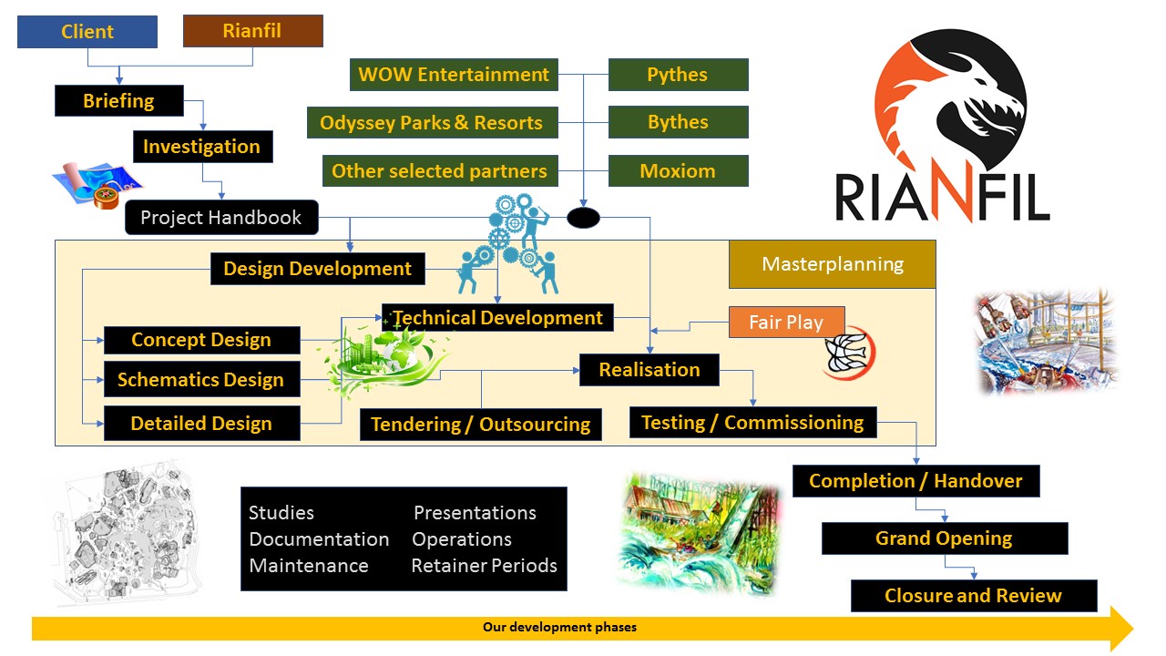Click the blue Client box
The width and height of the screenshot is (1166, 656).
[x=87, y=32]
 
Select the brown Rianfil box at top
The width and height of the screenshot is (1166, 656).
[x=252, y=31]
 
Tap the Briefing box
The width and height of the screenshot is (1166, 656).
[x=118, y=101]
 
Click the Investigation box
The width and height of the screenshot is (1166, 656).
[x=201, y=147]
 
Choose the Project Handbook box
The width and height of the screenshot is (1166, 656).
[x=221, y=218]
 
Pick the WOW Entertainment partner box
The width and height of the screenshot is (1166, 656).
[x=454, y=75]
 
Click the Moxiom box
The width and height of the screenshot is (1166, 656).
[x=678, y=170]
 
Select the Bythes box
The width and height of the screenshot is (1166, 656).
[x=678, y=122]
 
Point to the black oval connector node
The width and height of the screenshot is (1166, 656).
[x=583, y=218]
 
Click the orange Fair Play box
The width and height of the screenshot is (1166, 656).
[x=786, y=323]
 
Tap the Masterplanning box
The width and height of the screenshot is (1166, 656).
[x=832, y=264]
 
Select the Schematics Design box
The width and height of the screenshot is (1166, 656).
[x=201, y=380]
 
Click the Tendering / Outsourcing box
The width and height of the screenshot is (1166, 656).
[x=480, y=425]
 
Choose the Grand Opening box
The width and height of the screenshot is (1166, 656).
[x=944, y=538]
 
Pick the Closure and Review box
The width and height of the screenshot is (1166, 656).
[x=973, y=596]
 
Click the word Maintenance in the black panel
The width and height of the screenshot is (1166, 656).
[x=309, y=566]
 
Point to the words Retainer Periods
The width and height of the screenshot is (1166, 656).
[x=484, y=566]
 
